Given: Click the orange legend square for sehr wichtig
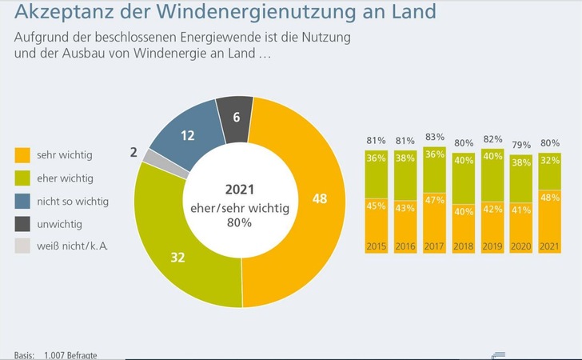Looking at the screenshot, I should click(22, 154).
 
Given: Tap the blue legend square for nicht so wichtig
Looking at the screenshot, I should click(22, 200).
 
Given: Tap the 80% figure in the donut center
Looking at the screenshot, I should click(239, 222).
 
